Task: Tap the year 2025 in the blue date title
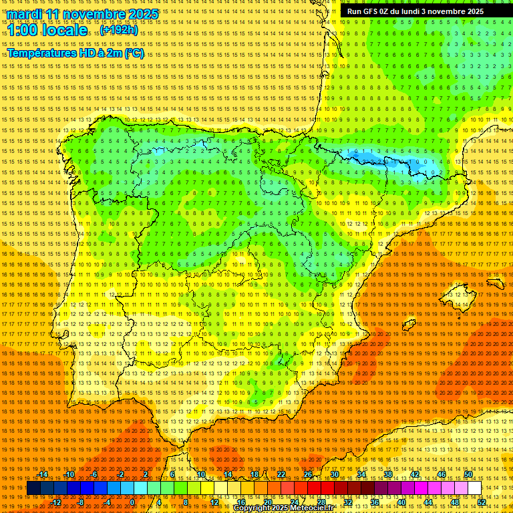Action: coord(142,14)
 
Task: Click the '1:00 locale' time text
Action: coord(47,30)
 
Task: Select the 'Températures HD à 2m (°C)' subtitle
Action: coord(75,53)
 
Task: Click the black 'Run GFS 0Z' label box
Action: coord(424,11)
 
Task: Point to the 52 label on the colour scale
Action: coord(482,502)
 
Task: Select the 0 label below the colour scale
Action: coord(132,502)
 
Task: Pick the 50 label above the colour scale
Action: coord(468,474)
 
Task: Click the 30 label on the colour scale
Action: coord(335,474)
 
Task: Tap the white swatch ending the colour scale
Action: coord(475,488)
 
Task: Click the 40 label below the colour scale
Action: coord(401,502)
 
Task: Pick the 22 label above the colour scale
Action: coord(281,474)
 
